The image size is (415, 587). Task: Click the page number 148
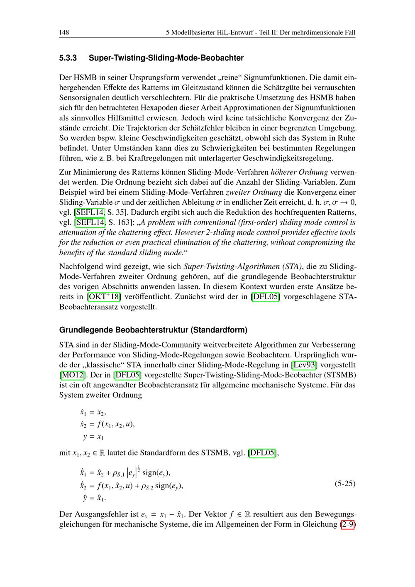[64, 32]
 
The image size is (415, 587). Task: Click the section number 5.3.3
[68, 58]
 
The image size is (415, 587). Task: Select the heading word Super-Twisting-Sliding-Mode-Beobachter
[166, 58]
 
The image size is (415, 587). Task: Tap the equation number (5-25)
[345, 483]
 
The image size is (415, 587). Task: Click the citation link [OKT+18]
[104, 297]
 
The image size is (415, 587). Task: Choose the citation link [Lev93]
[305, 365]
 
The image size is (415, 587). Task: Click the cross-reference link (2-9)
[348, 524]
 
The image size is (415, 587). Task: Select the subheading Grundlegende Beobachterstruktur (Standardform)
[153, 330]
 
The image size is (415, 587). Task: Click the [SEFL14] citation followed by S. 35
[89, 212]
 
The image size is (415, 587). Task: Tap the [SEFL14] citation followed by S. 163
[89, 222]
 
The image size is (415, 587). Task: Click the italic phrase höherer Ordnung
[299, 172]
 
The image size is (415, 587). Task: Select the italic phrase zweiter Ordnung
[254, 192]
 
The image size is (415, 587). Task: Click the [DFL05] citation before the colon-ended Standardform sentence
[262, 452]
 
